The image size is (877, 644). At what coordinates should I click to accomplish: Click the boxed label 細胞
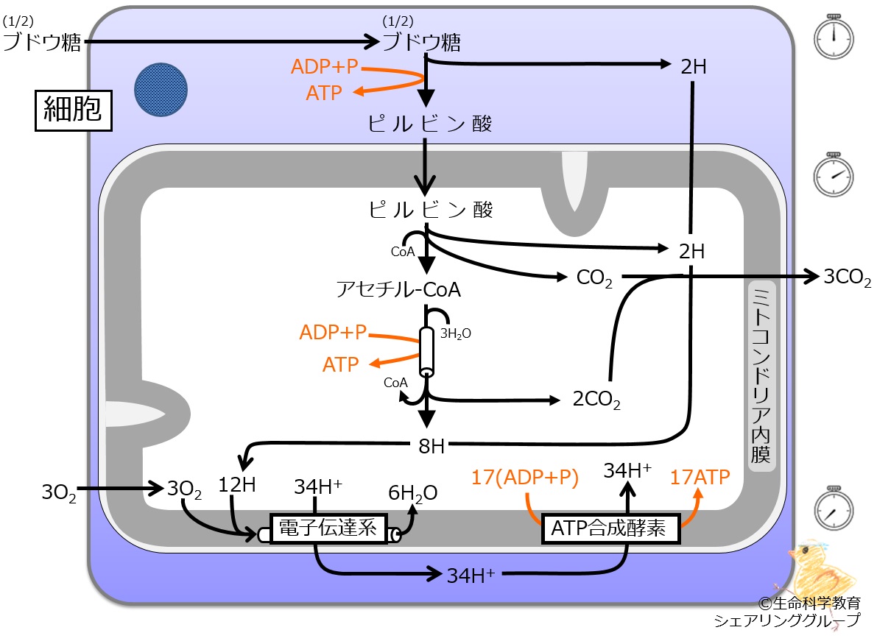tap(74, 110)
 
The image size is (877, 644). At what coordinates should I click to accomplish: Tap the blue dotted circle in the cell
tap(161, 90)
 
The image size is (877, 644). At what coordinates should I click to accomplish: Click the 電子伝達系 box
tap(328, 528)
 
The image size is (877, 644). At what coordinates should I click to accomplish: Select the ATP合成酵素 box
tap(610, 528)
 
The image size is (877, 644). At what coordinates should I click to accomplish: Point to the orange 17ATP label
tap(700, 478)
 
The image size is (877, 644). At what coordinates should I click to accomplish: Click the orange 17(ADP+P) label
tap(524, 478)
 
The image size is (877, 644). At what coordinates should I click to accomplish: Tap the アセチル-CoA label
tap(398, 289)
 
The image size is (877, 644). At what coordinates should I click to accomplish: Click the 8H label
tap(432, 446)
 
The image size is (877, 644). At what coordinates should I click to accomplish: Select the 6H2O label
tap(413, 493)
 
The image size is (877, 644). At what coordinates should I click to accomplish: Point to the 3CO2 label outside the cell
tap(847, 277)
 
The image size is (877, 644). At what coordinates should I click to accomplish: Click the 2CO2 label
tap(596, 400)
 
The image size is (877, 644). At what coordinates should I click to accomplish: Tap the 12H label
tap(236, 485)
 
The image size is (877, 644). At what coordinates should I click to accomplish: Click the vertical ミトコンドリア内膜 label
tap(761, 375)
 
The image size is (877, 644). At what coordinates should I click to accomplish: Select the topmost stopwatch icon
tap(834, 37)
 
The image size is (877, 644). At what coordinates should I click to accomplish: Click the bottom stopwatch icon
tap(834, 508)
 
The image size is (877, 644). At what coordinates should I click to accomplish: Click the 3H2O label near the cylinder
tap(455, 333)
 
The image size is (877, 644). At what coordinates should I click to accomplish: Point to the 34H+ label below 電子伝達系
tap(471, 576)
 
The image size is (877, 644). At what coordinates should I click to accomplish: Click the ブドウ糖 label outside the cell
tap(42, 42)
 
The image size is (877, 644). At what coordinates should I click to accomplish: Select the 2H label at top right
tap(694, 66)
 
